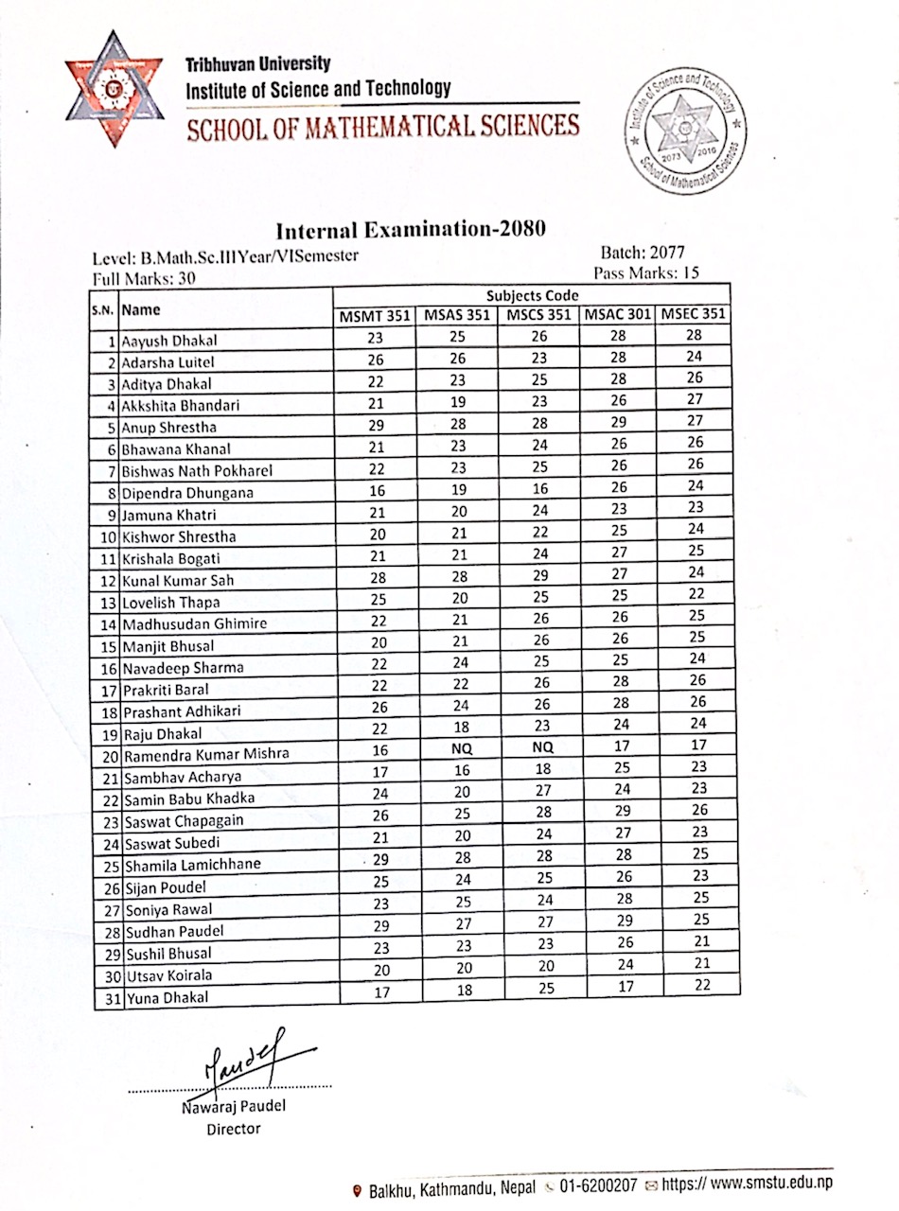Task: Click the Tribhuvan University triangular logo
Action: [x=110, y=89]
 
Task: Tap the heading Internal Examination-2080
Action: [x=411, y=230]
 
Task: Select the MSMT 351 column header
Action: [x=375, y=316]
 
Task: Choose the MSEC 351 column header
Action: [x=695, y=314]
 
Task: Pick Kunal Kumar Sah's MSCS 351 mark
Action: [x=538, y=574]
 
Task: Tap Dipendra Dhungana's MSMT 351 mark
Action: [x=375, y=491]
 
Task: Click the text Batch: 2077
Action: [x=643, y=254]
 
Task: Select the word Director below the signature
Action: [x=233, y=1128]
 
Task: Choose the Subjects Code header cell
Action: [x=532, y=295]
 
